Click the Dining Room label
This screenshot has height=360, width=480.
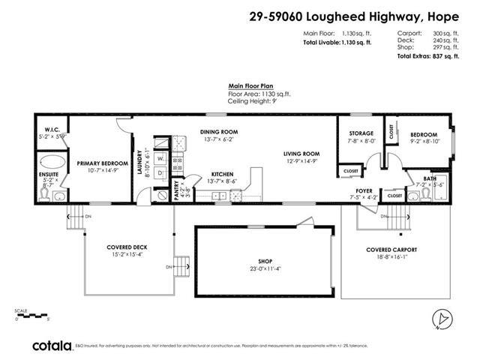point(218,131)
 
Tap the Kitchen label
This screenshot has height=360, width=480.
point(223,172)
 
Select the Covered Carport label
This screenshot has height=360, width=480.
point(391,249)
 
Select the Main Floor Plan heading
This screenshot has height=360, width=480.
point(250,87)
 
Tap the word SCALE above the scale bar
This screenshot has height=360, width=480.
point(20,310)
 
